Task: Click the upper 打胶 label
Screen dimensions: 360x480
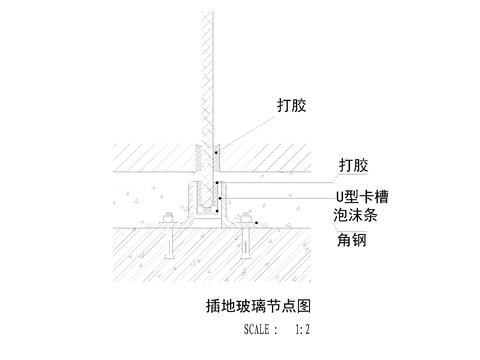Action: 292,104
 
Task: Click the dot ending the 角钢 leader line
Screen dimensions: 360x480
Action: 257,222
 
